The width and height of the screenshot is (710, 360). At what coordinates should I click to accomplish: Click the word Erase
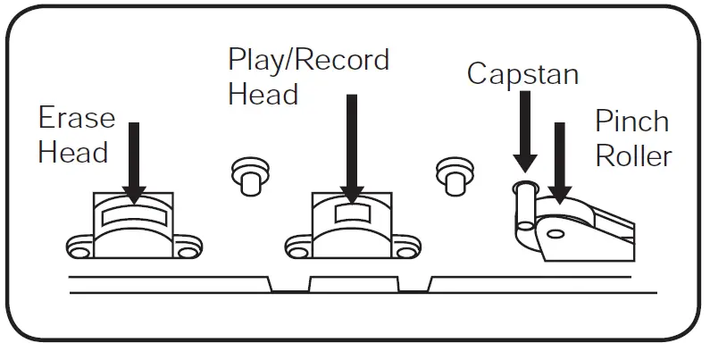tap(76, 119)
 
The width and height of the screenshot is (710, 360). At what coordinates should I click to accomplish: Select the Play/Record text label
tap(308, 60)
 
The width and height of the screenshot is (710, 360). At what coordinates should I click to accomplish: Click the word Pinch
tap(631, 121)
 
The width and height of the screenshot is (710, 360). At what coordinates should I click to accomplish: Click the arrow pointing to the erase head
tap(136, 161)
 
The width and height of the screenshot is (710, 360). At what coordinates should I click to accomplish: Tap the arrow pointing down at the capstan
tap(524, 130)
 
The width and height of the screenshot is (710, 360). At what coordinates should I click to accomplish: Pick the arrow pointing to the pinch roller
tap(560, 161)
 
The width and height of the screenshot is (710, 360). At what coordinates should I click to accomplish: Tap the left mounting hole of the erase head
tap(80, 254)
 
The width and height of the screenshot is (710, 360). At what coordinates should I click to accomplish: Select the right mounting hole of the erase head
tap(187, 252)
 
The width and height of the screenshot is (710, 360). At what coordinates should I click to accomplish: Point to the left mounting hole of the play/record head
tap(297, 254)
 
